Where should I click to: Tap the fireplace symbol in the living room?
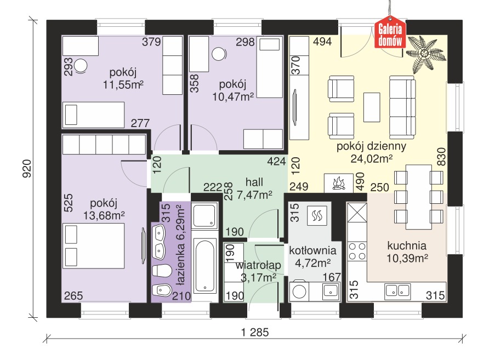(339, 182)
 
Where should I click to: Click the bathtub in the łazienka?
(204, 266)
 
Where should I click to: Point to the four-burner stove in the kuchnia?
(357, 251)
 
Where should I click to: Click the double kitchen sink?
(397, 291)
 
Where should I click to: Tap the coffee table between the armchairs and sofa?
(372, 107)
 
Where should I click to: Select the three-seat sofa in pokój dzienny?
(402, 107)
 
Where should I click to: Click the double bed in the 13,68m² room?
(94, 245)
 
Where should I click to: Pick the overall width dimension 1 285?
(255, 332)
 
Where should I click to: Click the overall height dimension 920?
(27, 169)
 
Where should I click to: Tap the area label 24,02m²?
(372, 159)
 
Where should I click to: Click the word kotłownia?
(312, 250)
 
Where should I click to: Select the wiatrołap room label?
(258, 265)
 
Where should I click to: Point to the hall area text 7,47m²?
(254, 195)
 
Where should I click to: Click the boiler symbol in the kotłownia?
(317, 215)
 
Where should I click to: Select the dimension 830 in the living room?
(442, 157)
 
